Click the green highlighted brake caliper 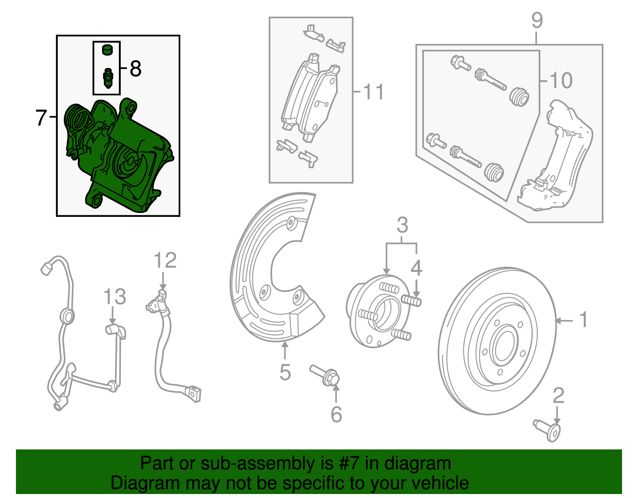click(x=120, y=159)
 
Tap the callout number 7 click(x=41, y=118)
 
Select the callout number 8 click(x=136, y=69)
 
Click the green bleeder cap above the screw click(x=107, y=50)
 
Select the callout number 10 click(x=561, y=81)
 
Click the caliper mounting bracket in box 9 click(x=558, y=159)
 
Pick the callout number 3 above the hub click(x=402, y=225)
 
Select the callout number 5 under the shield click(x=285, y=372)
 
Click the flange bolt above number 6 click(x=325, y=375)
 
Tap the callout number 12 click(x=165, y=261)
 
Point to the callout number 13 click(x=114, y=297)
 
